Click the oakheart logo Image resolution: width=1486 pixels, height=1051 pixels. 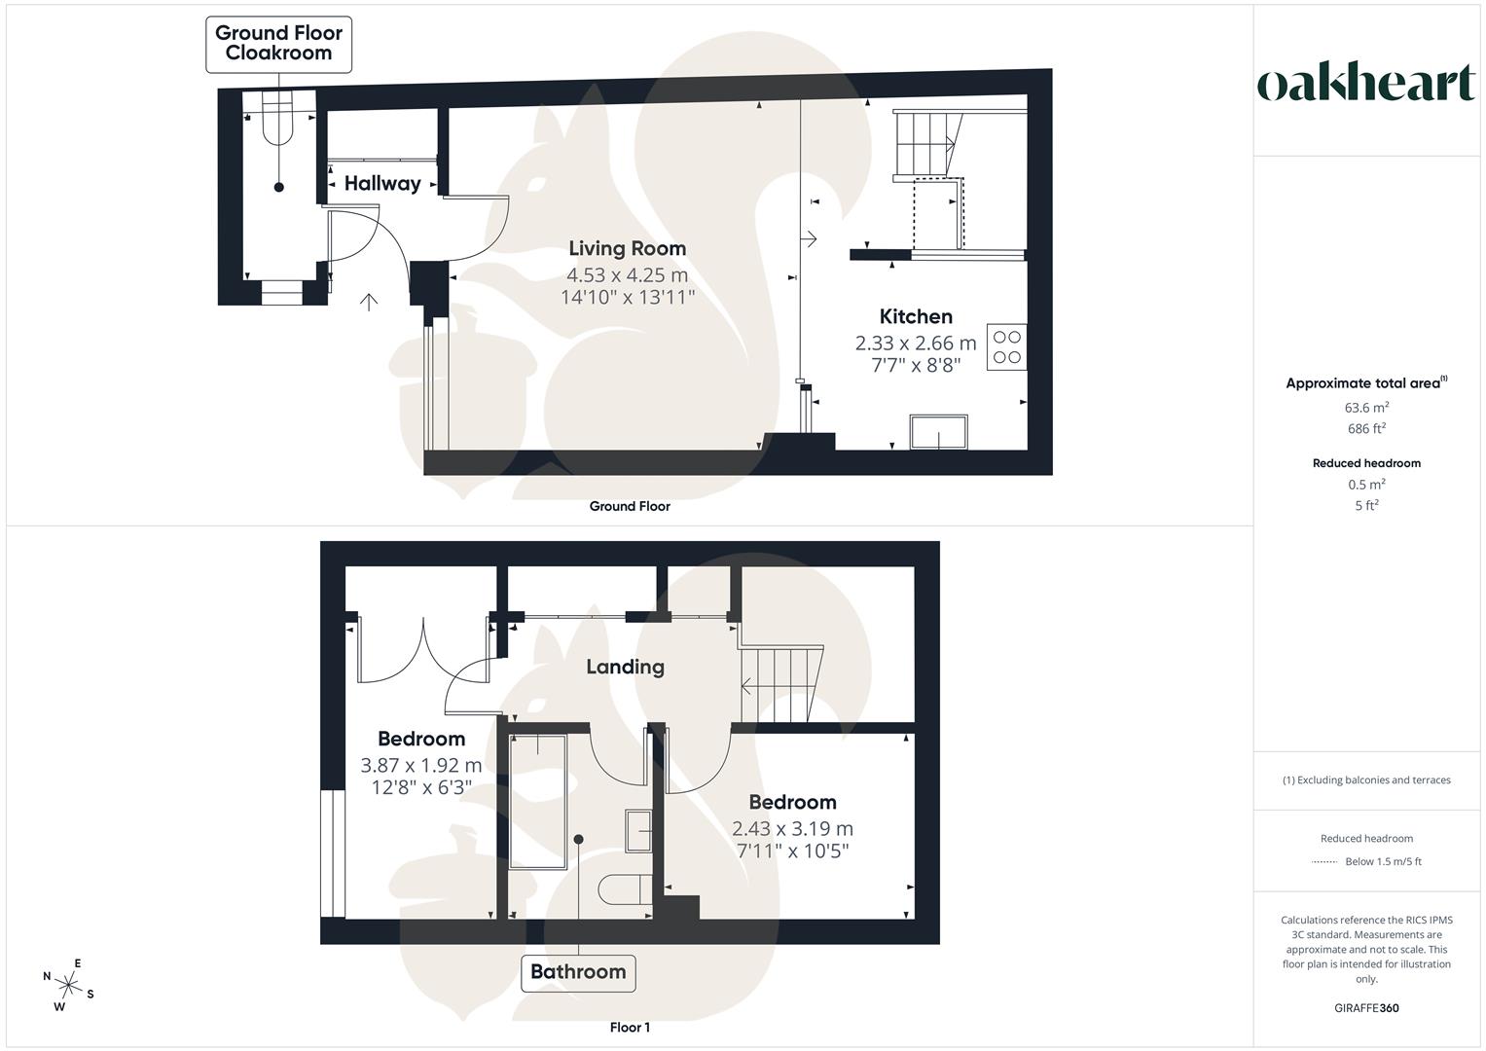(1365, 84)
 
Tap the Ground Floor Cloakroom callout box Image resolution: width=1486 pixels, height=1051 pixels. (278, 44)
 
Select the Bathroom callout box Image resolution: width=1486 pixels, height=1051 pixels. (578, 971)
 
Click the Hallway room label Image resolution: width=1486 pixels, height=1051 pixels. (382, 183)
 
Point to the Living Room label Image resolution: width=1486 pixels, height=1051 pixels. (627, 248)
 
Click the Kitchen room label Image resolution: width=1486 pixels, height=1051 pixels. (916, 316)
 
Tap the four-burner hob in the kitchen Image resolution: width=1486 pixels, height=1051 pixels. (1007, 347)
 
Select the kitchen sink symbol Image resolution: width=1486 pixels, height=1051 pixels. (939, 432)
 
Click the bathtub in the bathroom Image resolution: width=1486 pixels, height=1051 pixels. (537, 800)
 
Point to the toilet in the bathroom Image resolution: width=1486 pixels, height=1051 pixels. (624, 890)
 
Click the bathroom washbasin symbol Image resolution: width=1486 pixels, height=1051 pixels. (638, 830)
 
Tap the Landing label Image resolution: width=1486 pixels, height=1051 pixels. (625, 667)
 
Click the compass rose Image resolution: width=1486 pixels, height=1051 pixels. (68, 984)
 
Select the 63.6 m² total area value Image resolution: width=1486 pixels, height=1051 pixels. (1366, 408)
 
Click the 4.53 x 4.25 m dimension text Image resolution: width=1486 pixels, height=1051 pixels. (627, 274)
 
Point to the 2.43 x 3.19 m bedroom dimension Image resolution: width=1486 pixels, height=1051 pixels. (792, 828)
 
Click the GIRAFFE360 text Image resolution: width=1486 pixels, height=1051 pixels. (1366, 1008)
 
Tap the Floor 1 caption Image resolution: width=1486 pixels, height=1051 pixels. (630, 1028)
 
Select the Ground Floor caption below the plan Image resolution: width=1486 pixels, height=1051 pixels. (630, 506)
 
